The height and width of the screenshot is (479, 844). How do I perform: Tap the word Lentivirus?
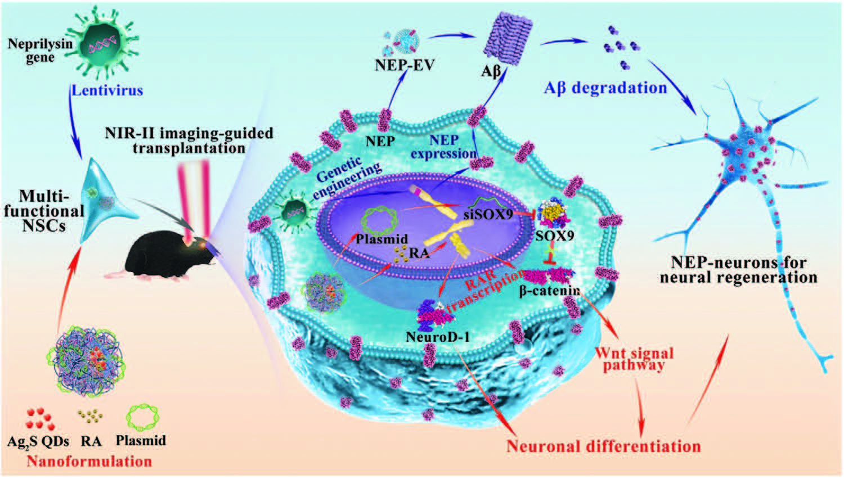[107, 90]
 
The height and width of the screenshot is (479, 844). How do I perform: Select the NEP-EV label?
[405, 65]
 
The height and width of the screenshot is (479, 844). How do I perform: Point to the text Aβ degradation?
[605, 88]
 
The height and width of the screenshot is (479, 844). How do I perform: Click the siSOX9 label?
[488, 214]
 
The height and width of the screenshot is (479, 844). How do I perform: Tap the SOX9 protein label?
[554, 236]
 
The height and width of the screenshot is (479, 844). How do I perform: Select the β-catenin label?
[549, 291]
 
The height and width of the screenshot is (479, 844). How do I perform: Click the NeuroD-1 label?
[437, 337]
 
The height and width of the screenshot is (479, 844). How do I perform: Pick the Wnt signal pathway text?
[634, 359]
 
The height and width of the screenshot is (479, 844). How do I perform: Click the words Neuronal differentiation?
[604, 446]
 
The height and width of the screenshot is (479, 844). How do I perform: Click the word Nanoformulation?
[89, 462]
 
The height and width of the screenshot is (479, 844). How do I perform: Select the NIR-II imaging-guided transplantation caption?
[188, 141]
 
